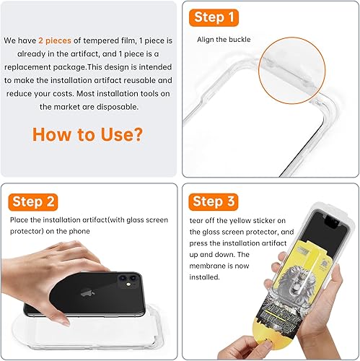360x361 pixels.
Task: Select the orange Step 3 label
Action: point(214,201)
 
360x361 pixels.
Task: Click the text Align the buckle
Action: point(224,39)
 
